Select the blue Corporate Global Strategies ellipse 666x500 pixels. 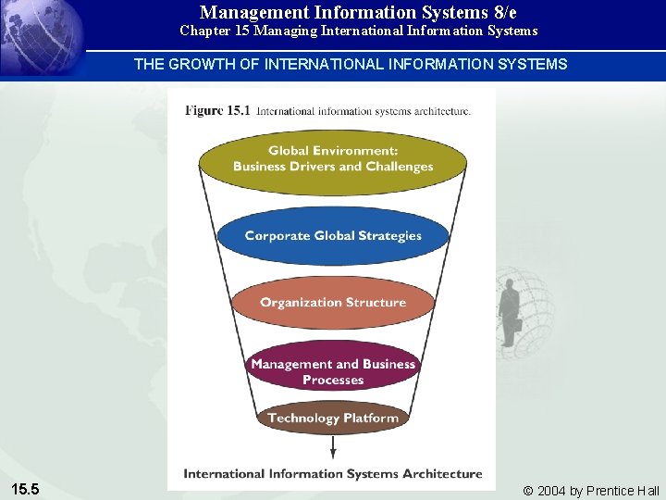[x=333, y=235]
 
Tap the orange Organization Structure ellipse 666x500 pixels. [x=333, y=303]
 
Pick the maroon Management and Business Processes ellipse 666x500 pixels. [x=333, y=370]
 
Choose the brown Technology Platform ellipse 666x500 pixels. [x=333, y=418]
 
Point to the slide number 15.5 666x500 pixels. [x=25, y=489]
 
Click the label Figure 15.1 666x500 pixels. [x=217, y=111]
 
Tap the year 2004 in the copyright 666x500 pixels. [x=552, y=491]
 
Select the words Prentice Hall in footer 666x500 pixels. [x=623, y=491]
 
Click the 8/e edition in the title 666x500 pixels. [x=505, y=12]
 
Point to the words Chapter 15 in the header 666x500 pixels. [x=212, y=31]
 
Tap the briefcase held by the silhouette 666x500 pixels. [x=519, y=325]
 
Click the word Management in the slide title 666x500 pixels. [x=255, y=12]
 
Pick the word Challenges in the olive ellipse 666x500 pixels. [x=399, y=167]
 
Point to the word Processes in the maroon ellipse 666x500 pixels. [x=333, y=380]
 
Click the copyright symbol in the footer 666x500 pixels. [x=528, y=491]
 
